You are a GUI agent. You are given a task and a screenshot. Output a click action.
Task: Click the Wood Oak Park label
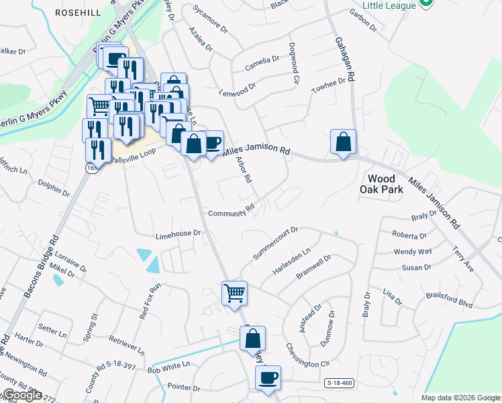point(385,184)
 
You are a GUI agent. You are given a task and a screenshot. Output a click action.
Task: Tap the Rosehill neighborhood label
point(78,13)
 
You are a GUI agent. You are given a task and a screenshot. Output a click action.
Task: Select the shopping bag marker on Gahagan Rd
point(343,142)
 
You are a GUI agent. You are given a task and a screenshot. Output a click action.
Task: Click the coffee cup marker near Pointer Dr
point(268,377)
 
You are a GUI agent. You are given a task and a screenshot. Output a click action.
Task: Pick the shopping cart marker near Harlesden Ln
point(235,293)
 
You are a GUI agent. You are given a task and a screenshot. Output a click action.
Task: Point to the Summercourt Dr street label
point(274,243)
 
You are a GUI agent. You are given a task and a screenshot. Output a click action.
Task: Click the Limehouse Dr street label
point(179,233)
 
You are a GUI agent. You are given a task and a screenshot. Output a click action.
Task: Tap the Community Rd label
point(232,212)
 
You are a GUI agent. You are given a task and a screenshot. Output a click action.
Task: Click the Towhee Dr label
point(332,86)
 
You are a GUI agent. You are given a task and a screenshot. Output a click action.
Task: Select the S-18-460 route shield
point(339,383)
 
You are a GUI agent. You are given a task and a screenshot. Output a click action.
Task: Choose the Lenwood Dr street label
point(238,90)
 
